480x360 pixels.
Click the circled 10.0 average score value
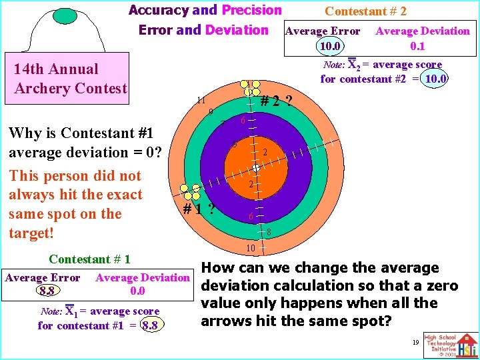[436, 79]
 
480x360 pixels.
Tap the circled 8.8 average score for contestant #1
[153, 325]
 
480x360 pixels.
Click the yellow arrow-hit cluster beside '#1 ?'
[193, 191]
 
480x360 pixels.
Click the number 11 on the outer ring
[201, 101]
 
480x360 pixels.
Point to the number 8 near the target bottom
[269, 233]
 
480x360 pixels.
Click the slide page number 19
[415, 341]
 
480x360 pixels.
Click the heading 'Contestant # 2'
[365, 11]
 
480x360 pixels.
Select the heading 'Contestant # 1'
[89, 259]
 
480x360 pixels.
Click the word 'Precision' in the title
[251, 10]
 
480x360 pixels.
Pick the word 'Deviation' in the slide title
[237, 30]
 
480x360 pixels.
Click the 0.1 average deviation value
[418, 47]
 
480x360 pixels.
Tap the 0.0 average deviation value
[137, 291]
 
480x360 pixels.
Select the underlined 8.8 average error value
[47, 291]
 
